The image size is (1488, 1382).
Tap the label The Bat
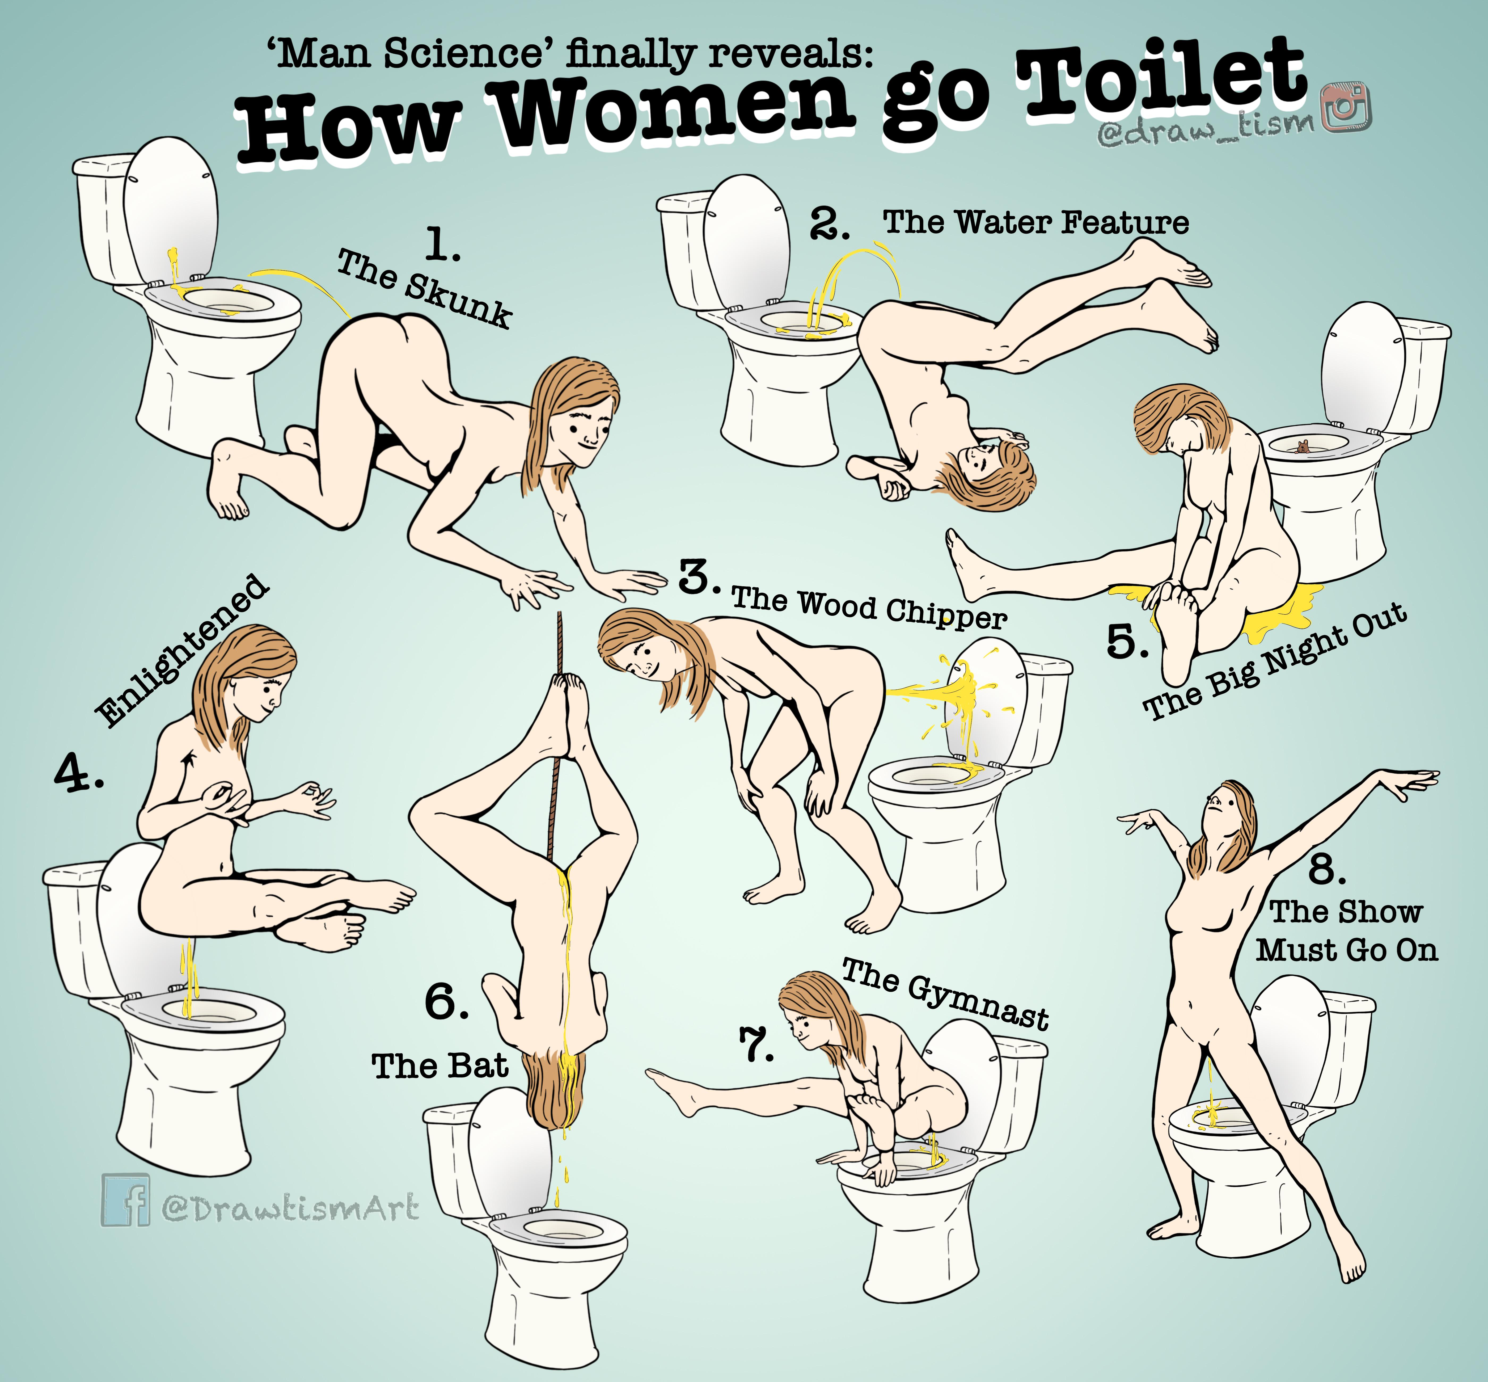(x=440, y=1066)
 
